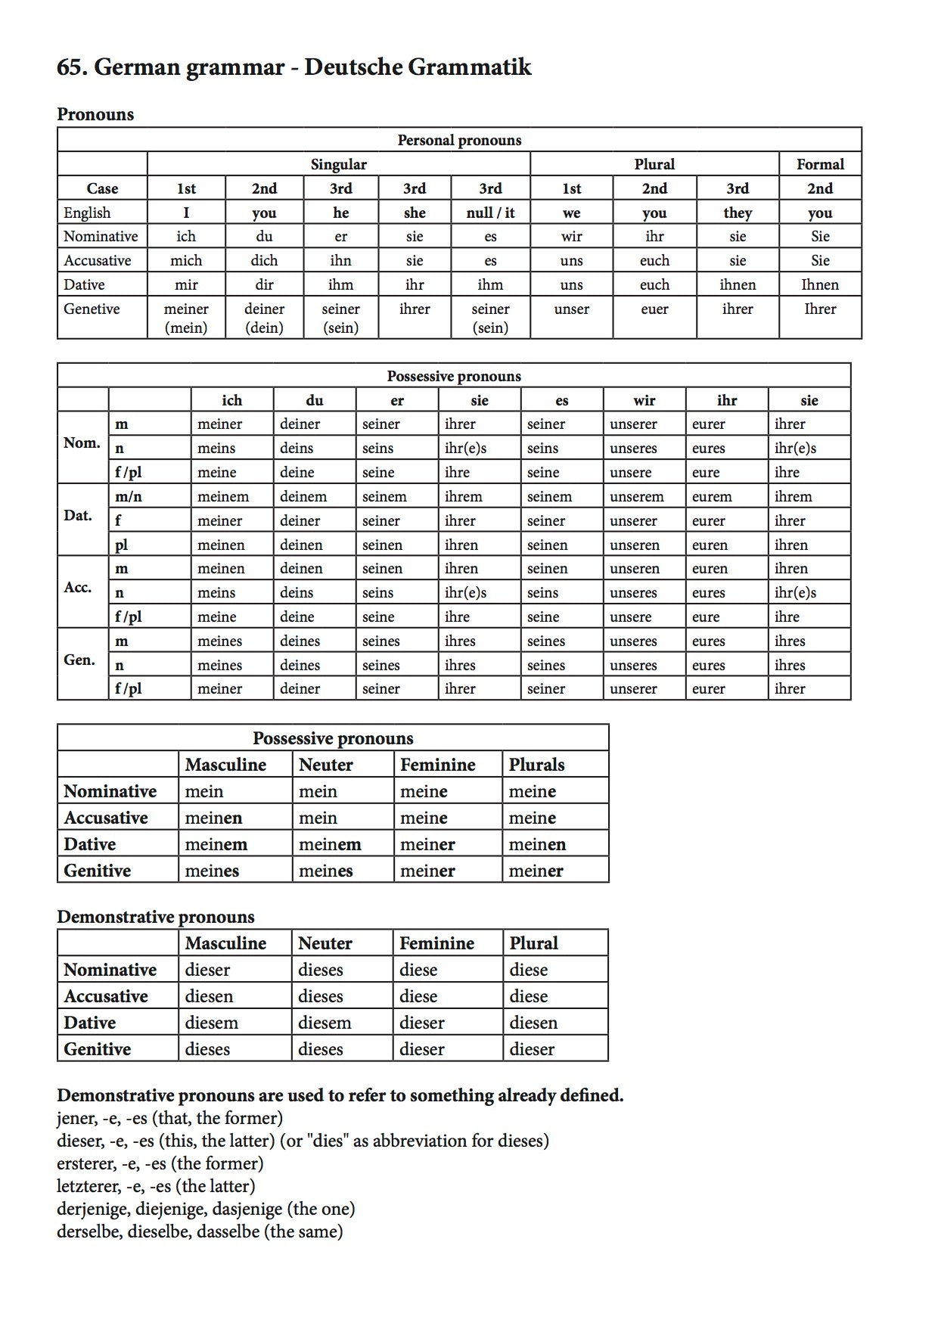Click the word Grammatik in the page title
(469, 67)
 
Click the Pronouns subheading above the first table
(95, 114)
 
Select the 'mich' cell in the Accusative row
(186, 260)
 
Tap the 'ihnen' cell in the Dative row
(738, 284)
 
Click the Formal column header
(820, 164)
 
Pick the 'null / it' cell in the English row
(490, 213)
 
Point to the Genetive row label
(92, 309)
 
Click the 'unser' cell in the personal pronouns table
(571, 309)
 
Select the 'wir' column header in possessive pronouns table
(644, 400)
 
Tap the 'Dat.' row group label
(78, 515)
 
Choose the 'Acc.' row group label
(78, 587)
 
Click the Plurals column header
(536, 765)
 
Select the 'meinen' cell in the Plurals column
(537, 844)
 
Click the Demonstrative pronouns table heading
(155, 917)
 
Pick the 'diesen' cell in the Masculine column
(209, 996)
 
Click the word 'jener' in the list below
(74, 1118)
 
